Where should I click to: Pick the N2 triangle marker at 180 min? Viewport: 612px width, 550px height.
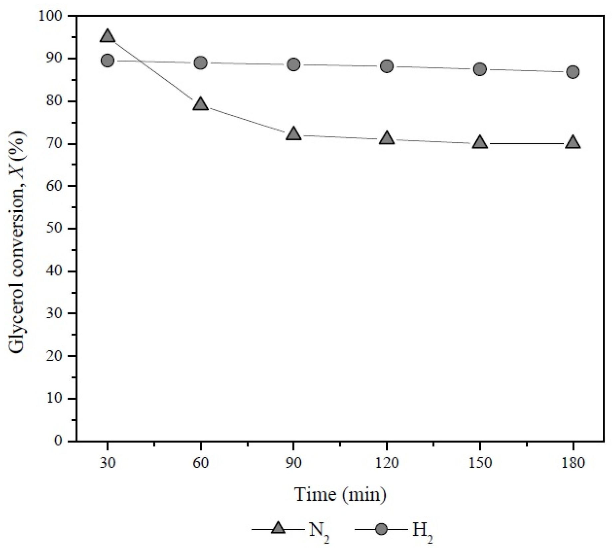click(x=573, y=143)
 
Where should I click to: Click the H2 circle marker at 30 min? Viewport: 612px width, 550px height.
click(x=107, y=61)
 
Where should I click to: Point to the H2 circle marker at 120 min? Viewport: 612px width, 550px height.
click(x=386, y=66)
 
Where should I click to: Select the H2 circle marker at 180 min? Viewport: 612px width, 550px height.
click(x=573, y=72)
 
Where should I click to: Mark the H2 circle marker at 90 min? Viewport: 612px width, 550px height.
click(x=294, y=64)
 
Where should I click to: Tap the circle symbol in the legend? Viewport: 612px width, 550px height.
click(x=381, y=529)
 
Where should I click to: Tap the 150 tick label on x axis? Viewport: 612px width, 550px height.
click(x=480, y=463)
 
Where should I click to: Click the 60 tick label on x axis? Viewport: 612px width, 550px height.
click(x=200, y=463)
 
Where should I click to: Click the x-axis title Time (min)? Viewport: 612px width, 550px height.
click(x=340, y=495)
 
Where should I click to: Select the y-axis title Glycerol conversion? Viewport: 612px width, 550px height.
click(x=17, y=228)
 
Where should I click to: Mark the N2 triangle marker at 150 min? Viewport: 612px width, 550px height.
click(x=480, y=143)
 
